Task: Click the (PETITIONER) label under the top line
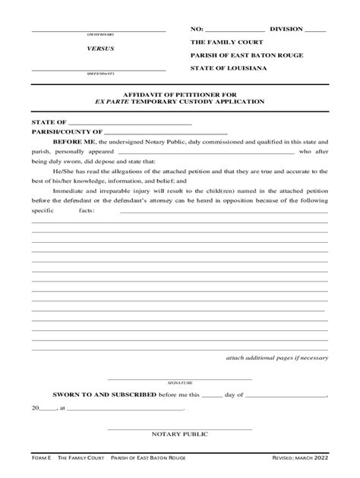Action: point(99,35)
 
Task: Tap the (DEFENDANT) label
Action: point(99,74)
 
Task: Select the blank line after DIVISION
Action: point(315,29)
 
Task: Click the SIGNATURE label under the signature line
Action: point(180,384)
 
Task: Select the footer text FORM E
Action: point(41,458)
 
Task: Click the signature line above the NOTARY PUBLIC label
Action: point(180,427)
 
